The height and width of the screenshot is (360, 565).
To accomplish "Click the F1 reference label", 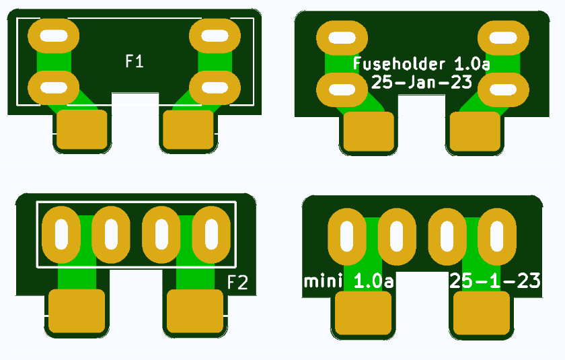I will [135, 61].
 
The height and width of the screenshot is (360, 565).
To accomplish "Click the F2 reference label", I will [237, 282].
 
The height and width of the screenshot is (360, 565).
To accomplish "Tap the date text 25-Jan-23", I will [422, 82].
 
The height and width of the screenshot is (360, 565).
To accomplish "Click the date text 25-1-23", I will [495, 281].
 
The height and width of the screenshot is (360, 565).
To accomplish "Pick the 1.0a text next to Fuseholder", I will [472, 65].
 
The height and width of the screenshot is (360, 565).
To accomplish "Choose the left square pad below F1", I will [82, 131].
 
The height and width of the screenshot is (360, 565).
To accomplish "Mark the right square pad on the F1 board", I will [189, 131].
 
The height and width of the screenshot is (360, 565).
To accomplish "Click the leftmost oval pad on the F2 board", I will [62, 234].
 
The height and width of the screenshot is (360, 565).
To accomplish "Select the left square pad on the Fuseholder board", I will [369, 132].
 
